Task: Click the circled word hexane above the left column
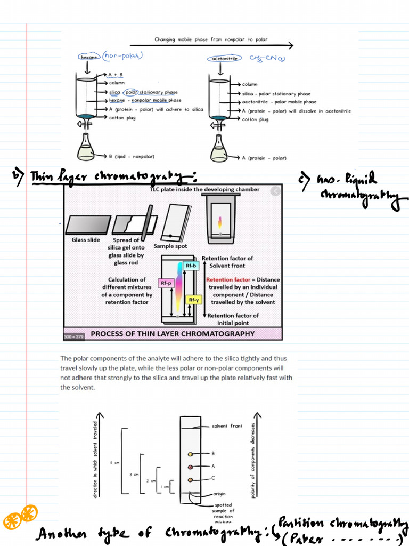pos(88,57)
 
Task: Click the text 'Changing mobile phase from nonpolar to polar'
pos(211,39)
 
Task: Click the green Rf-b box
pos(190,265)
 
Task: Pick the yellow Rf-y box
pos(193,300)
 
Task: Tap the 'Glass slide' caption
pos(86,240)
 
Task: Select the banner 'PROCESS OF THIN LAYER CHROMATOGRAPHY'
pos(173,334)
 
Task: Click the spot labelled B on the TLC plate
pos(190,454)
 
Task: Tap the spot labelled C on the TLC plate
pos(190,480)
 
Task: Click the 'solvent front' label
pos(227,426)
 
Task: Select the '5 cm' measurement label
pos(114,463)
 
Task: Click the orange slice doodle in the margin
pos(20,516)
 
